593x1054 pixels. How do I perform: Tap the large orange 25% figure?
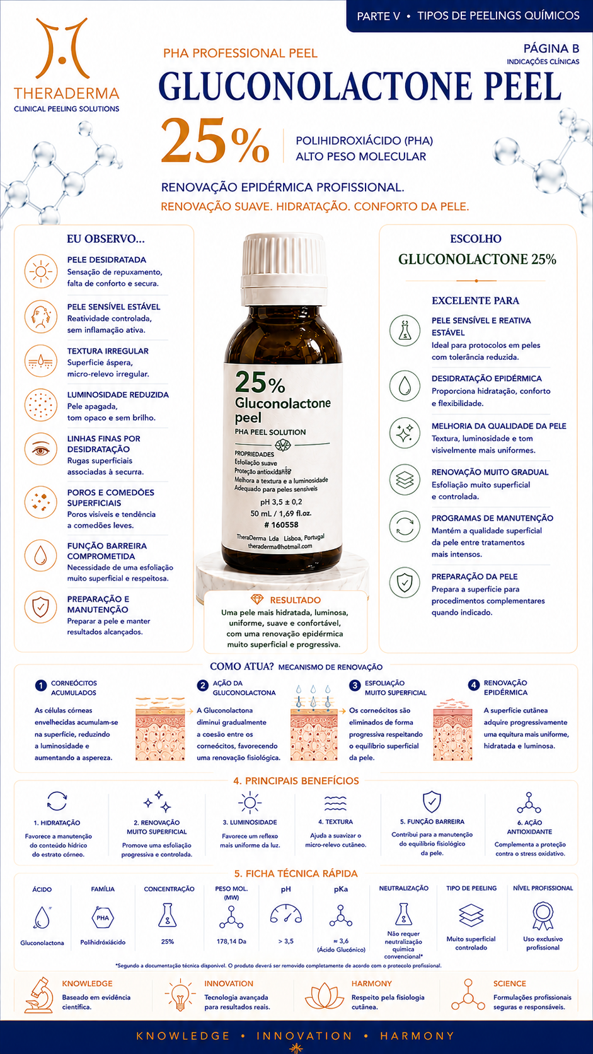coord(215,140)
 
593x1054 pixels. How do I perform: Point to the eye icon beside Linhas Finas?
coord(41,449)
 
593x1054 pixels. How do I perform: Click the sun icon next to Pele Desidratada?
coord(41,272)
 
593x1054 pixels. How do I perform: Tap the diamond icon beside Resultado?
coord(257,599)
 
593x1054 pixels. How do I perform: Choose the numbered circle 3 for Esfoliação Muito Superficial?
coord(355,686)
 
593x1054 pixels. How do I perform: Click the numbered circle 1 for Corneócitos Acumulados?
coord(41,686)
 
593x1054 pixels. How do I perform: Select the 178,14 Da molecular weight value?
coord(231,942)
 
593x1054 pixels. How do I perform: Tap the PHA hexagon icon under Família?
coord(103,918)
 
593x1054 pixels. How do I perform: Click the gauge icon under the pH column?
coord(285,914)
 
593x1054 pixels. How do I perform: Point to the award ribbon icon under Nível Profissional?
coord(543,916)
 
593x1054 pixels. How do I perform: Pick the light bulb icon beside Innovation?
coord(180,995)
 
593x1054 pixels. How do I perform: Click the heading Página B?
coord(551,49)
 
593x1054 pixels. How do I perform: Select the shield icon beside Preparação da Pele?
coord(405,582)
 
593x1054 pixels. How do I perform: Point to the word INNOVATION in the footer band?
coord(304,1036)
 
